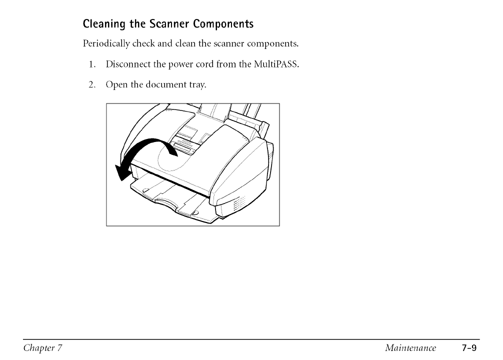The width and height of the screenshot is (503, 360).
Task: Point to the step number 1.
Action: (91, 64)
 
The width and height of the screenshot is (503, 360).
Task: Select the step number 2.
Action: (91, 84)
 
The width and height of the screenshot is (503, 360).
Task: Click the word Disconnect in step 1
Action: (127, 64)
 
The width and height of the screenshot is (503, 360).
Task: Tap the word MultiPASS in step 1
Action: (277, 64)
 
